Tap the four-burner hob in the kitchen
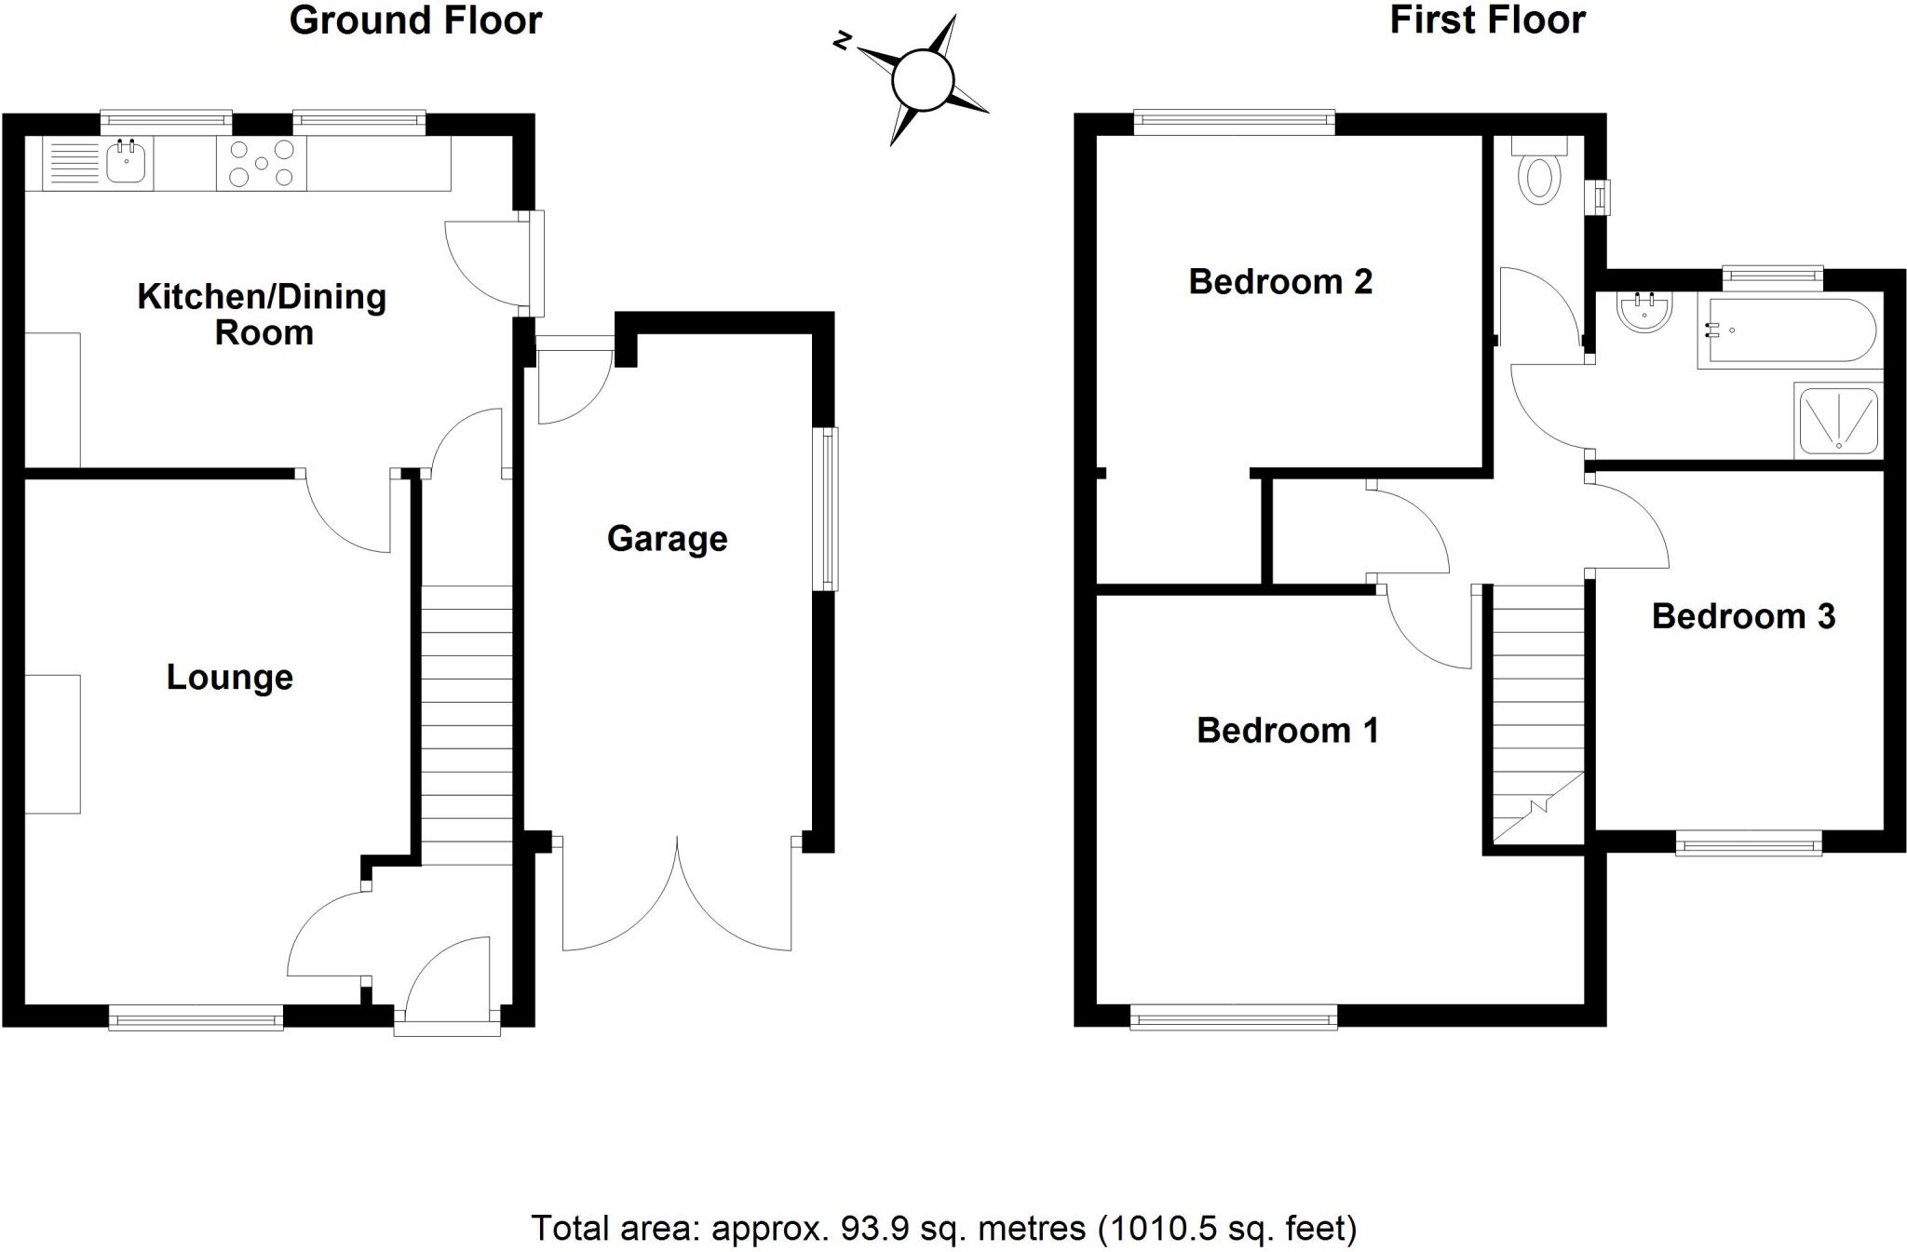coord(262,164)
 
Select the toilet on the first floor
coord(1539,178)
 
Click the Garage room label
coord(667,539)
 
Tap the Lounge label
coord(229,677)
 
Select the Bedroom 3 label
coord(1743,616)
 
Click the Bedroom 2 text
coord(1280,281)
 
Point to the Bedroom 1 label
coord(1287,731)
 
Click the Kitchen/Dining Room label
coord(262,315)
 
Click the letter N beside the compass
coord(843,40)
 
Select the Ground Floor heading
coord(415,20)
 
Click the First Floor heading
coord(1487,20)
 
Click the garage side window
coord(825,508)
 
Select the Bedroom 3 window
coord(1749,843)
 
